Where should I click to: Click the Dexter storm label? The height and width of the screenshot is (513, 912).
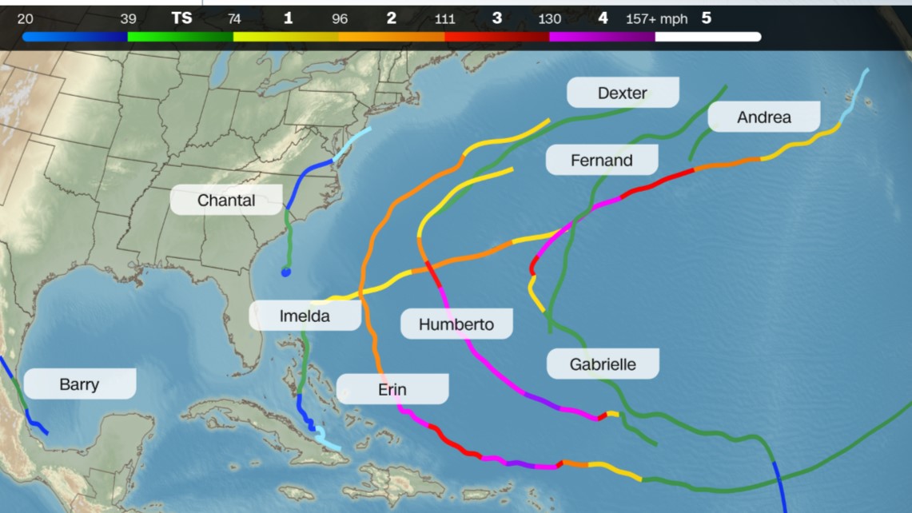(623, 93)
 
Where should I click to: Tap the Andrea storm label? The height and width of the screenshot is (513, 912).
(763, 117)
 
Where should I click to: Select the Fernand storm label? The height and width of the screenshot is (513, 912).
(601, 161)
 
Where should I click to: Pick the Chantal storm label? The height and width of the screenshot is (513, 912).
(226, 200)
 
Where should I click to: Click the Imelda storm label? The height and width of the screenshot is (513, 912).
(304, 316)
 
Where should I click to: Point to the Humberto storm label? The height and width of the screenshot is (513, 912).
(456, 324)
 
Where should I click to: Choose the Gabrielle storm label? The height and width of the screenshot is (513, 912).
(603, 364)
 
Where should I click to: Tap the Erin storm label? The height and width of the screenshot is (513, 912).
(392, 389)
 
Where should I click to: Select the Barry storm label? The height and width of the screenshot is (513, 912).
(79, 384)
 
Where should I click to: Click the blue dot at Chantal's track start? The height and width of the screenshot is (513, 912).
(285, 272)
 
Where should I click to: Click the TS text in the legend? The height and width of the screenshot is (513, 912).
(181, 18)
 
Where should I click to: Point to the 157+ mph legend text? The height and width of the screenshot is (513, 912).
(656, 19)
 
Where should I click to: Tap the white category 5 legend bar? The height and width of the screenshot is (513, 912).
(707, 37)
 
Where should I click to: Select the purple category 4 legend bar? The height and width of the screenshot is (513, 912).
(602, 37)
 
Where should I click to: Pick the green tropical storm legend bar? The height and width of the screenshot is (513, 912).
(180, 37)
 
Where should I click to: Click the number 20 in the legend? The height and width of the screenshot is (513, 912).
(25, 19)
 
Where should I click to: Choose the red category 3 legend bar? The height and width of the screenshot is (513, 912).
(496, 37)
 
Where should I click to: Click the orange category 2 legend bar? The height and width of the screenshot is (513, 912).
(391, 37)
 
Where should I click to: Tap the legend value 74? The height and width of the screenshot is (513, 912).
(234, 19)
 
